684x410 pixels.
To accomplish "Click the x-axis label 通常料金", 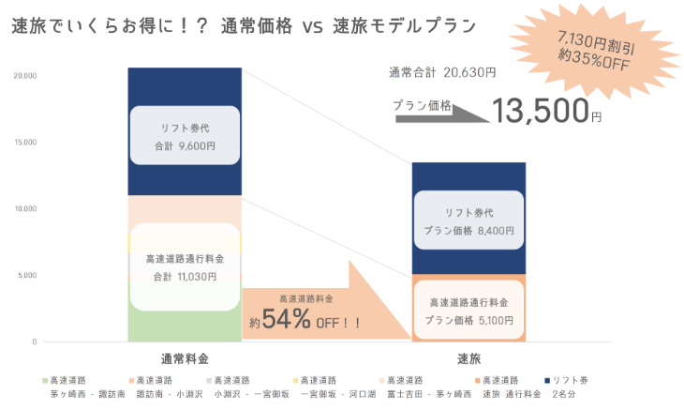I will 185,358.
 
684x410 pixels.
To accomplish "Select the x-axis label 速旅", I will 468,358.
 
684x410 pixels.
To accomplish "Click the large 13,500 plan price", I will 542,112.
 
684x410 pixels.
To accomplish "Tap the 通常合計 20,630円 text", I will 441,71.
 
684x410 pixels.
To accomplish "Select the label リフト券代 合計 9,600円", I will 185,138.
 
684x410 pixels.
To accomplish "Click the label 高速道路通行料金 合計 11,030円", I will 185,267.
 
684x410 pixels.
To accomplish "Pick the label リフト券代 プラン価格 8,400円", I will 468,220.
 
